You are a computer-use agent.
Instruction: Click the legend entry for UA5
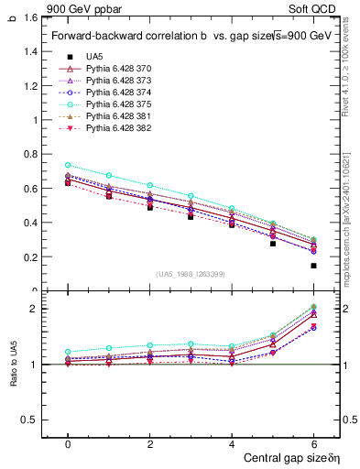pyautogui.click(x=92, y=56)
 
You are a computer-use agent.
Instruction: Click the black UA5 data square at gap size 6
pyautogui.click(x=314, y=266)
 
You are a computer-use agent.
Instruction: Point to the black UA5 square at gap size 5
pyautogui.click(x=273, y=244)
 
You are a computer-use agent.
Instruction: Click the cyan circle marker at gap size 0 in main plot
pyautogui.click(x=68, y=165)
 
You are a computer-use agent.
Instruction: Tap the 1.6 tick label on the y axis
pyautogui.click(x=30, y=17)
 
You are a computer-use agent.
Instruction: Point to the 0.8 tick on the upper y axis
pyautogui.click(x=30, y=154)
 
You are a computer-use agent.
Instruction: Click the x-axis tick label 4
pyautogui.click(x=232, y=442)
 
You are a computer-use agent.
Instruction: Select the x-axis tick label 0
pyautogui.click(x=68, y=442)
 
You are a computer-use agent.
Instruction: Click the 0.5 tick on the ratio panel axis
pyautogui.click(x=29, y=420)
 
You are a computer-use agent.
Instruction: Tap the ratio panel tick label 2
pyautogui.click(x=33, y=309)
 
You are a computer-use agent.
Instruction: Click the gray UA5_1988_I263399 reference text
pyautogui.click(x=191, y=274)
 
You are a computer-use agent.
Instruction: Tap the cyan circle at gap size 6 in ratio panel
pyautogui.click(x=314, y=307)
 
